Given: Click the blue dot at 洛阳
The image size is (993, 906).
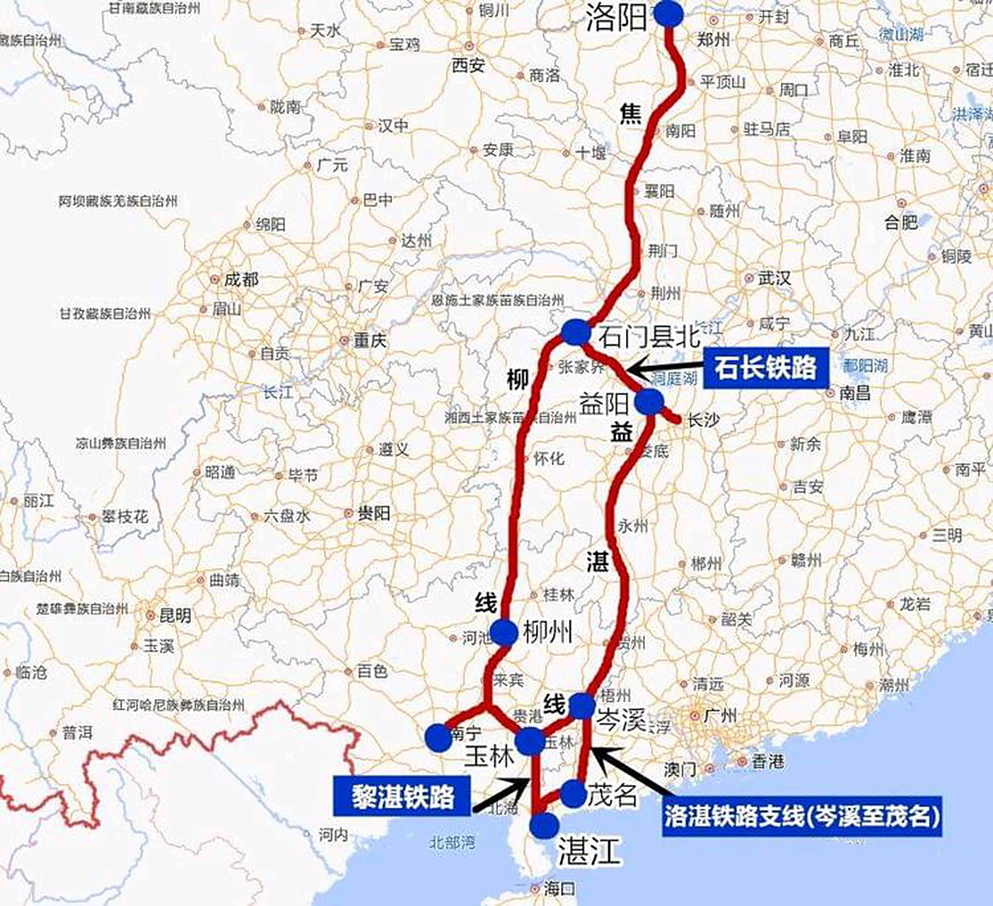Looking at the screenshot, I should [x=669, y=13].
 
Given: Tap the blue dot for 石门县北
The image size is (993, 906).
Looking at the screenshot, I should [x=576, y=332].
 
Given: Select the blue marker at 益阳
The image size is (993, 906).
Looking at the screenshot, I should [x=649, y=402].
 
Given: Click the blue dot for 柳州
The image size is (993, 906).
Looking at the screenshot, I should [x=504, y=632].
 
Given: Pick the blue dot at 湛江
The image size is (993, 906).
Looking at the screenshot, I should [x=544, y=825].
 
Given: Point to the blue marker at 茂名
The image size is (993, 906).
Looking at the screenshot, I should [x=574, y=794].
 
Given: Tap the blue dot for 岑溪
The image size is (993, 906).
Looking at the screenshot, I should [x=582, y=706].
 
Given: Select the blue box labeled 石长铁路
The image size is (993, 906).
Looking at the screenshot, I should [x=765, y=368].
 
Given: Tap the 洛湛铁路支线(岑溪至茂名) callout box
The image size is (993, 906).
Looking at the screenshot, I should [x=802, y=818].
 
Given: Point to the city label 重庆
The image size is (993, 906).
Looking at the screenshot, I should [x=370, y=340].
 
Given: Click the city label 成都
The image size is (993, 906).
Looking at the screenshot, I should [x=241, y=280].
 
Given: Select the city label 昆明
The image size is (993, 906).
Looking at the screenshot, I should [x=175, y=615].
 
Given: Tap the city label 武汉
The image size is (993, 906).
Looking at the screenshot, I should [x=774, y=278].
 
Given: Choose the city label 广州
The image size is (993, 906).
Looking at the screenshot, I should [x=720, y=716].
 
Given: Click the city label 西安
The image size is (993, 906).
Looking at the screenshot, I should [x=468, y=66].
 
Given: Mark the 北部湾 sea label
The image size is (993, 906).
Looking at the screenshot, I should [x=453, y=842].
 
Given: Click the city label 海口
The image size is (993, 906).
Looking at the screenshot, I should [x=559, y=888].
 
